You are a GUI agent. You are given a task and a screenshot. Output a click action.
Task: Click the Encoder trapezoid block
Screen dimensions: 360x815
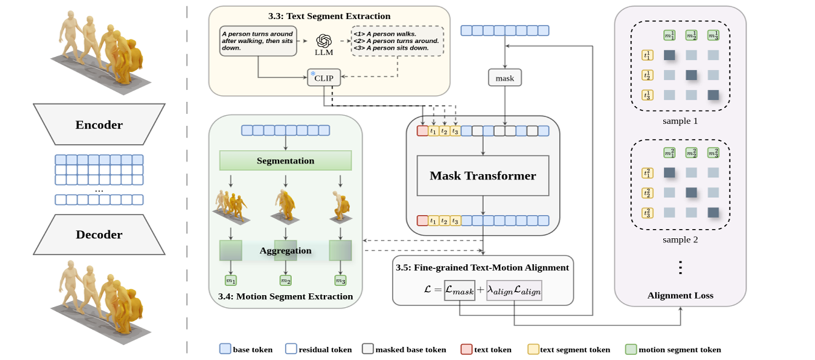(99, 125)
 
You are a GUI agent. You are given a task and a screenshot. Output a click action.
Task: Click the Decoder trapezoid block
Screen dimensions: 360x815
(99, 234)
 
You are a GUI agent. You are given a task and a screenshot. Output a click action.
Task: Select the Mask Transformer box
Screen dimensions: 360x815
(482, 176)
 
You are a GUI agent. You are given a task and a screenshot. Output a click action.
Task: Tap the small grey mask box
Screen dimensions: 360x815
(504, 77)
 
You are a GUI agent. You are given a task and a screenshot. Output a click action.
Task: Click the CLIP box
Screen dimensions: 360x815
(323, 77)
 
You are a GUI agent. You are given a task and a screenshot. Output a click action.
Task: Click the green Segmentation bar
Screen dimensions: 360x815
(286, 161)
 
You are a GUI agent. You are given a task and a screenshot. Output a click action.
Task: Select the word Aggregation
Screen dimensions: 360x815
(286, 250)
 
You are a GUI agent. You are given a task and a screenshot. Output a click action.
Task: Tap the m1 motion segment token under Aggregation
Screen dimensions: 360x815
(231, 281)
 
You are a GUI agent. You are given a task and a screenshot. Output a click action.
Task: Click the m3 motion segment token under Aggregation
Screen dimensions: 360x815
(340, 281)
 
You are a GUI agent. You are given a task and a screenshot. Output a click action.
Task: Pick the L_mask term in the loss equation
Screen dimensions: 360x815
(459, 291)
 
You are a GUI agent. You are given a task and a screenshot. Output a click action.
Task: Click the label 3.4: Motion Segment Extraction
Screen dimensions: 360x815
(285, 296)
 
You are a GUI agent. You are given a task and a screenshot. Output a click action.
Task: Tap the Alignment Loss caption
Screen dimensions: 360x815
(680, 295)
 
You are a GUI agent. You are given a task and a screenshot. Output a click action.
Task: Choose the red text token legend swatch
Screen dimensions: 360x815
(466, 349)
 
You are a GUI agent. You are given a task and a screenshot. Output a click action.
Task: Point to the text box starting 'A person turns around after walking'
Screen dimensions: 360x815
(258, 41)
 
